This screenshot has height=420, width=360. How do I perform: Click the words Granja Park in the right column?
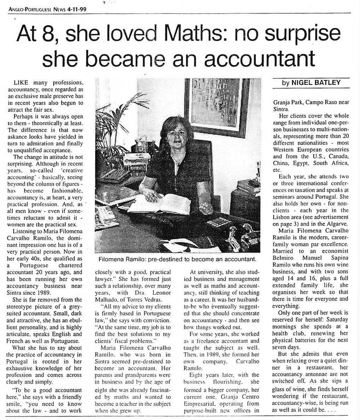pos(287,103)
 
